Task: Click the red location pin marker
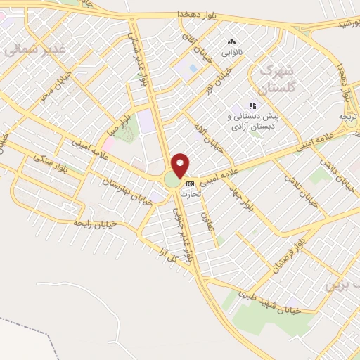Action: (181, 165)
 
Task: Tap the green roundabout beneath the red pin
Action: (173, 181)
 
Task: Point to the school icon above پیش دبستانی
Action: (252, 105)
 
